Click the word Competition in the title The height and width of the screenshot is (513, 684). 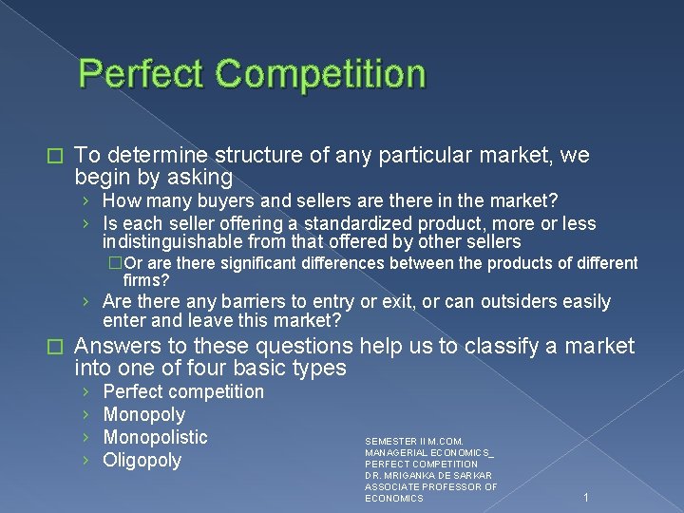(x=323, y=74)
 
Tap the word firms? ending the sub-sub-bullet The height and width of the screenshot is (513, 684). (x=146, y=280)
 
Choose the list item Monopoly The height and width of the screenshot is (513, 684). (x=144, y=414)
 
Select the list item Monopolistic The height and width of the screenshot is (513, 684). (x=155, y=437)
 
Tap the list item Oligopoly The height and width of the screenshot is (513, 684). (x=142, y=461)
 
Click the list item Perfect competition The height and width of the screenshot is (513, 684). (x=183, y=391)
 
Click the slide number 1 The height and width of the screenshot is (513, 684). (x=587, y=497)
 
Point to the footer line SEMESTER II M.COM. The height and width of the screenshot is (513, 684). (x=414, y=441)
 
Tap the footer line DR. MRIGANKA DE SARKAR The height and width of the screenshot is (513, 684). (x=428, y=475)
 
